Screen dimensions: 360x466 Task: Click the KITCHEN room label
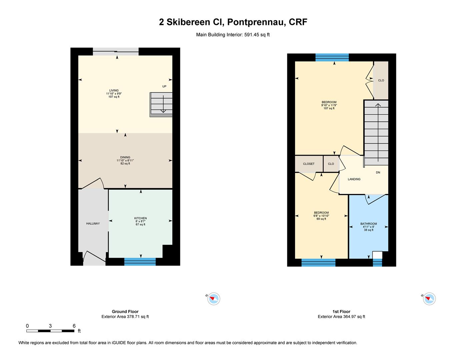[140, 218]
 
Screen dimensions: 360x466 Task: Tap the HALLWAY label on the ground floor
[93, 224]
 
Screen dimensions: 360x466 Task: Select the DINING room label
[125, 157]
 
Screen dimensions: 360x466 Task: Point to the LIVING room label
[114, 90]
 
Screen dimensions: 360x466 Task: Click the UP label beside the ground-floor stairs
[164, 86]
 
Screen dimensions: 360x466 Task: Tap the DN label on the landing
[378, 172]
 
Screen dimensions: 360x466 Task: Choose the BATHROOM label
[368, 224]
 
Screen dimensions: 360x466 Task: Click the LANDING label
[354, 179]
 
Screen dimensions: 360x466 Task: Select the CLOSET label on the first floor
[309, 164]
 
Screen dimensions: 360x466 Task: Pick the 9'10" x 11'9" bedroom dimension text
[329, 105]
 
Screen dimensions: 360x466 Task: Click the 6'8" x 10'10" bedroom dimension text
[321, 216]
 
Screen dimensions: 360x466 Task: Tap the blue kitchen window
[140, 262]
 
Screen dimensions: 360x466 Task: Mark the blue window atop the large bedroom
[332, 57]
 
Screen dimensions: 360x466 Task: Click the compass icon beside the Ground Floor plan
[213, 299]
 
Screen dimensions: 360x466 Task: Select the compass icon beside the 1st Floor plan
[429, 299]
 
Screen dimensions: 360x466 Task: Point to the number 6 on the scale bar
[74, 326]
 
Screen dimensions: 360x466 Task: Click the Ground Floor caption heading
[125, 312]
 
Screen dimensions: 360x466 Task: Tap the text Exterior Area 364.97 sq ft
[341, 317]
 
